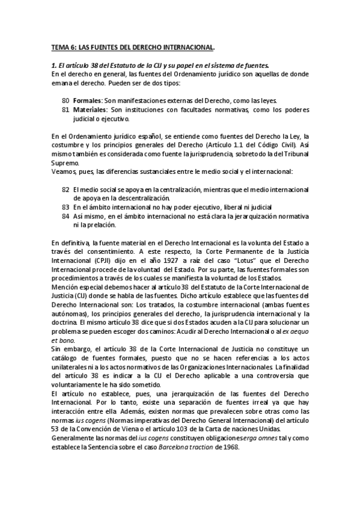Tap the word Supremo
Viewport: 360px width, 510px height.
pos(62,163)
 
